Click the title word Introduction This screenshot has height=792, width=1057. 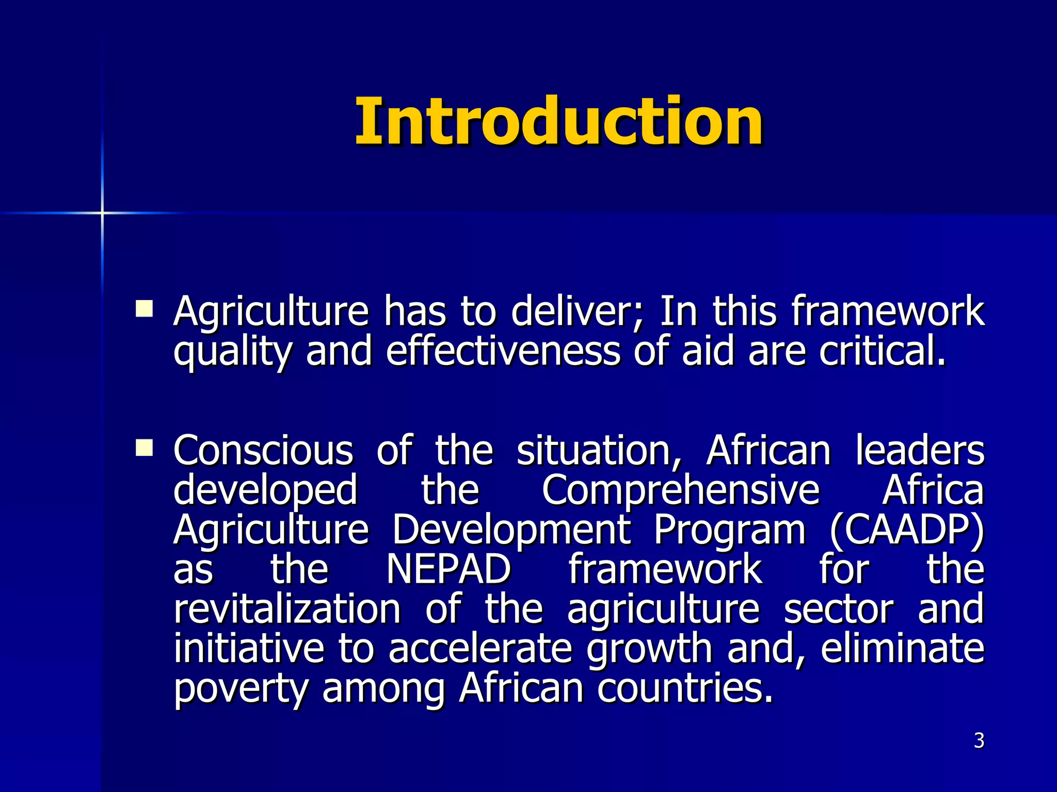559,122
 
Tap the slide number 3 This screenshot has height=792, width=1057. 979,741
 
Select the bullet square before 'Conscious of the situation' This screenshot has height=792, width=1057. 144,448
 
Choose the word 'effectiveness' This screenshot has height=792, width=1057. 503,352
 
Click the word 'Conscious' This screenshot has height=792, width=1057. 263,451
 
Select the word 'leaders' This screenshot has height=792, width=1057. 920,451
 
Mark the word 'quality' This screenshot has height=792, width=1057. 232,353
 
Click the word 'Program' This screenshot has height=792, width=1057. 729,531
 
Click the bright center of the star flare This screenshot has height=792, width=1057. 102,212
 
